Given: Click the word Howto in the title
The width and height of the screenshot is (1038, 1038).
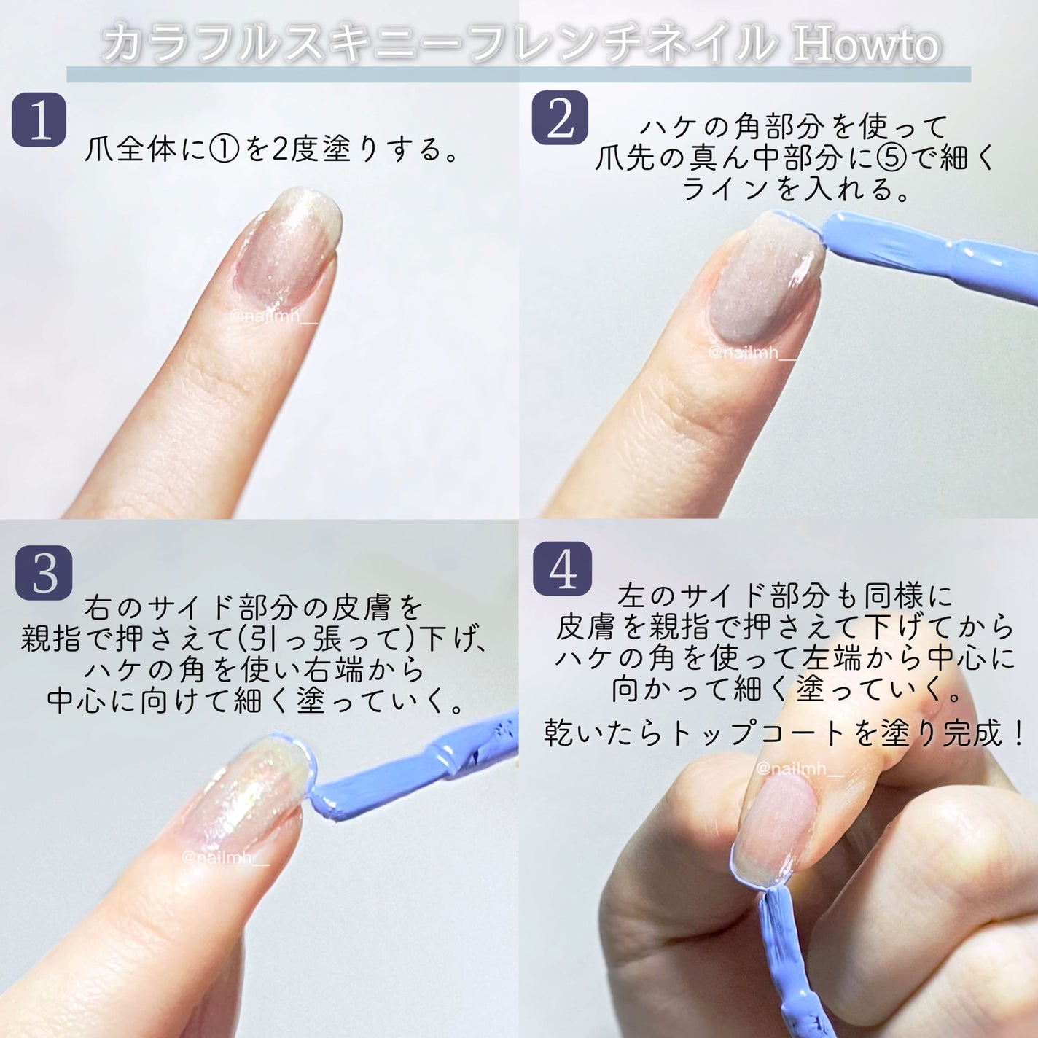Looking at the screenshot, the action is [866, 44].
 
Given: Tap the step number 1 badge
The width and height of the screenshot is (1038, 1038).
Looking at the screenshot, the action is [39, 120].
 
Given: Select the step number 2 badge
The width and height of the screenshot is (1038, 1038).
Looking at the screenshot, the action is [560, 117].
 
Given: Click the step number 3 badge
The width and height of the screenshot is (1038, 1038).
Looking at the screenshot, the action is [44, 573].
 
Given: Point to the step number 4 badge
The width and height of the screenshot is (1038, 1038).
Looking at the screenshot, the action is [562, 569].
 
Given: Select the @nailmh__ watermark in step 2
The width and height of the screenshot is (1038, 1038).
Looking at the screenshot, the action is [752, 353].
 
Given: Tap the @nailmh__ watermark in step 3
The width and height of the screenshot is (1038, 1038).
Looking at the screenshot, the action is [225, 857].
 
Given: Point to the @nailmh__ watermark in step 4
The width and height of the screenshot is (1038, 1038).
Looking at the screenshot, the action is [800, 769].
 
